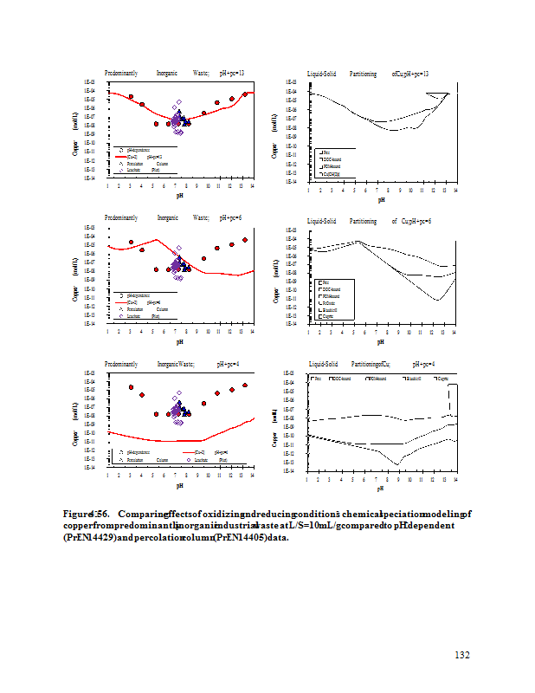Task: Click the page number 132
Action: [x=462, y=655]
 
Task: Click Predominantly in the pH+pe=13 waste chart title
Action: [x=120, y=74]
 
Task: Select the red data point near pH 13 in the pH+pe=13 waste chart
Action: [x=245, y=94]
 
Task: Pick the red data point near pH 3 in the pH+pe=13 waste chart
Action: [x=131, y=97]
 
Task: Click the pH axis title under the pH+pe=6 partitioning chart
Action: [x=380, y=341]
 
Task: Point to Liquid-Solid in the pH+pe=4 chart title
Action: [x=321, y=365]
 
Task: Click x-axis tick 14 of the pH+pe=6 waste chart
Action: [x=252, y=331]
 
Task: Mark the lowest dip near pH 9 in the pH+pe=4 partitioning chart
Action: [x=397, y=463]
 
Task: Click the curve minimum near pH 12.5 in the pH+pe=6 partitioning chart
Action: [x=438, y=300]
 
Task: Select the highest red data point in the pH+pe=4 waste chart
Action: [x=245, y=385]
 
